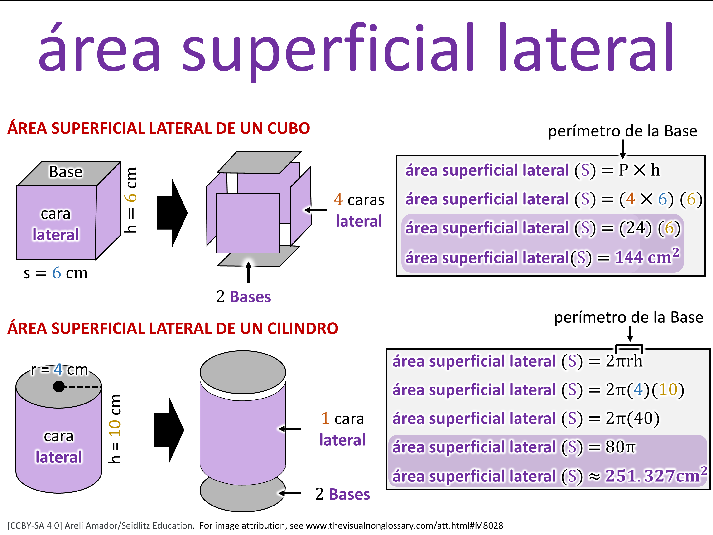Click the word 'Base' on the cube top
[66, 172]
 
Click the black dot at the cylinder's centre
[59, 386]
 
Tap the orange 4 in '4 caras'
[338, 200]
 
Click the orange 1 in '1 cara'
[325, 418]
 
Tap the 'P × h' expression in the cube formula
[639, 170]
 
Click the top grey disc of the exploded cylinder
[243, 372]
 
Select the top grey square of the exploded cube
[259, 162]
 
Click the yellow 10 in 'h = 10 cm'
[115, 428]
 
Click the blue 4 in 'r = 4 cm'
[58, 369]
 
